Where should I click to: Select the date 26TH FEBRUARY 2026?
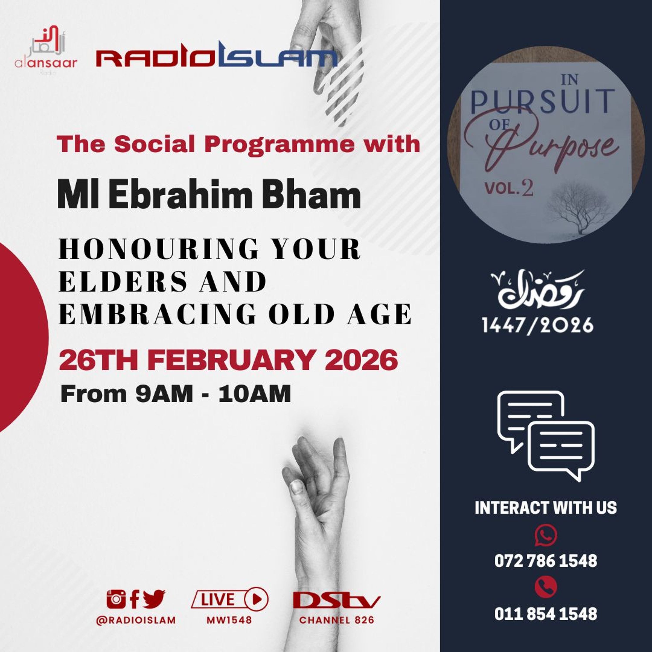coord(228,360)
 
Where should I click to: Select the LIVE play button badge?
coord(230,599)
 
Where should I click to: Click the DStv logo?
coord(336,600)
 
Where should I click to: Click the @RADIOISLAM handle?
coord(136,620)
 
